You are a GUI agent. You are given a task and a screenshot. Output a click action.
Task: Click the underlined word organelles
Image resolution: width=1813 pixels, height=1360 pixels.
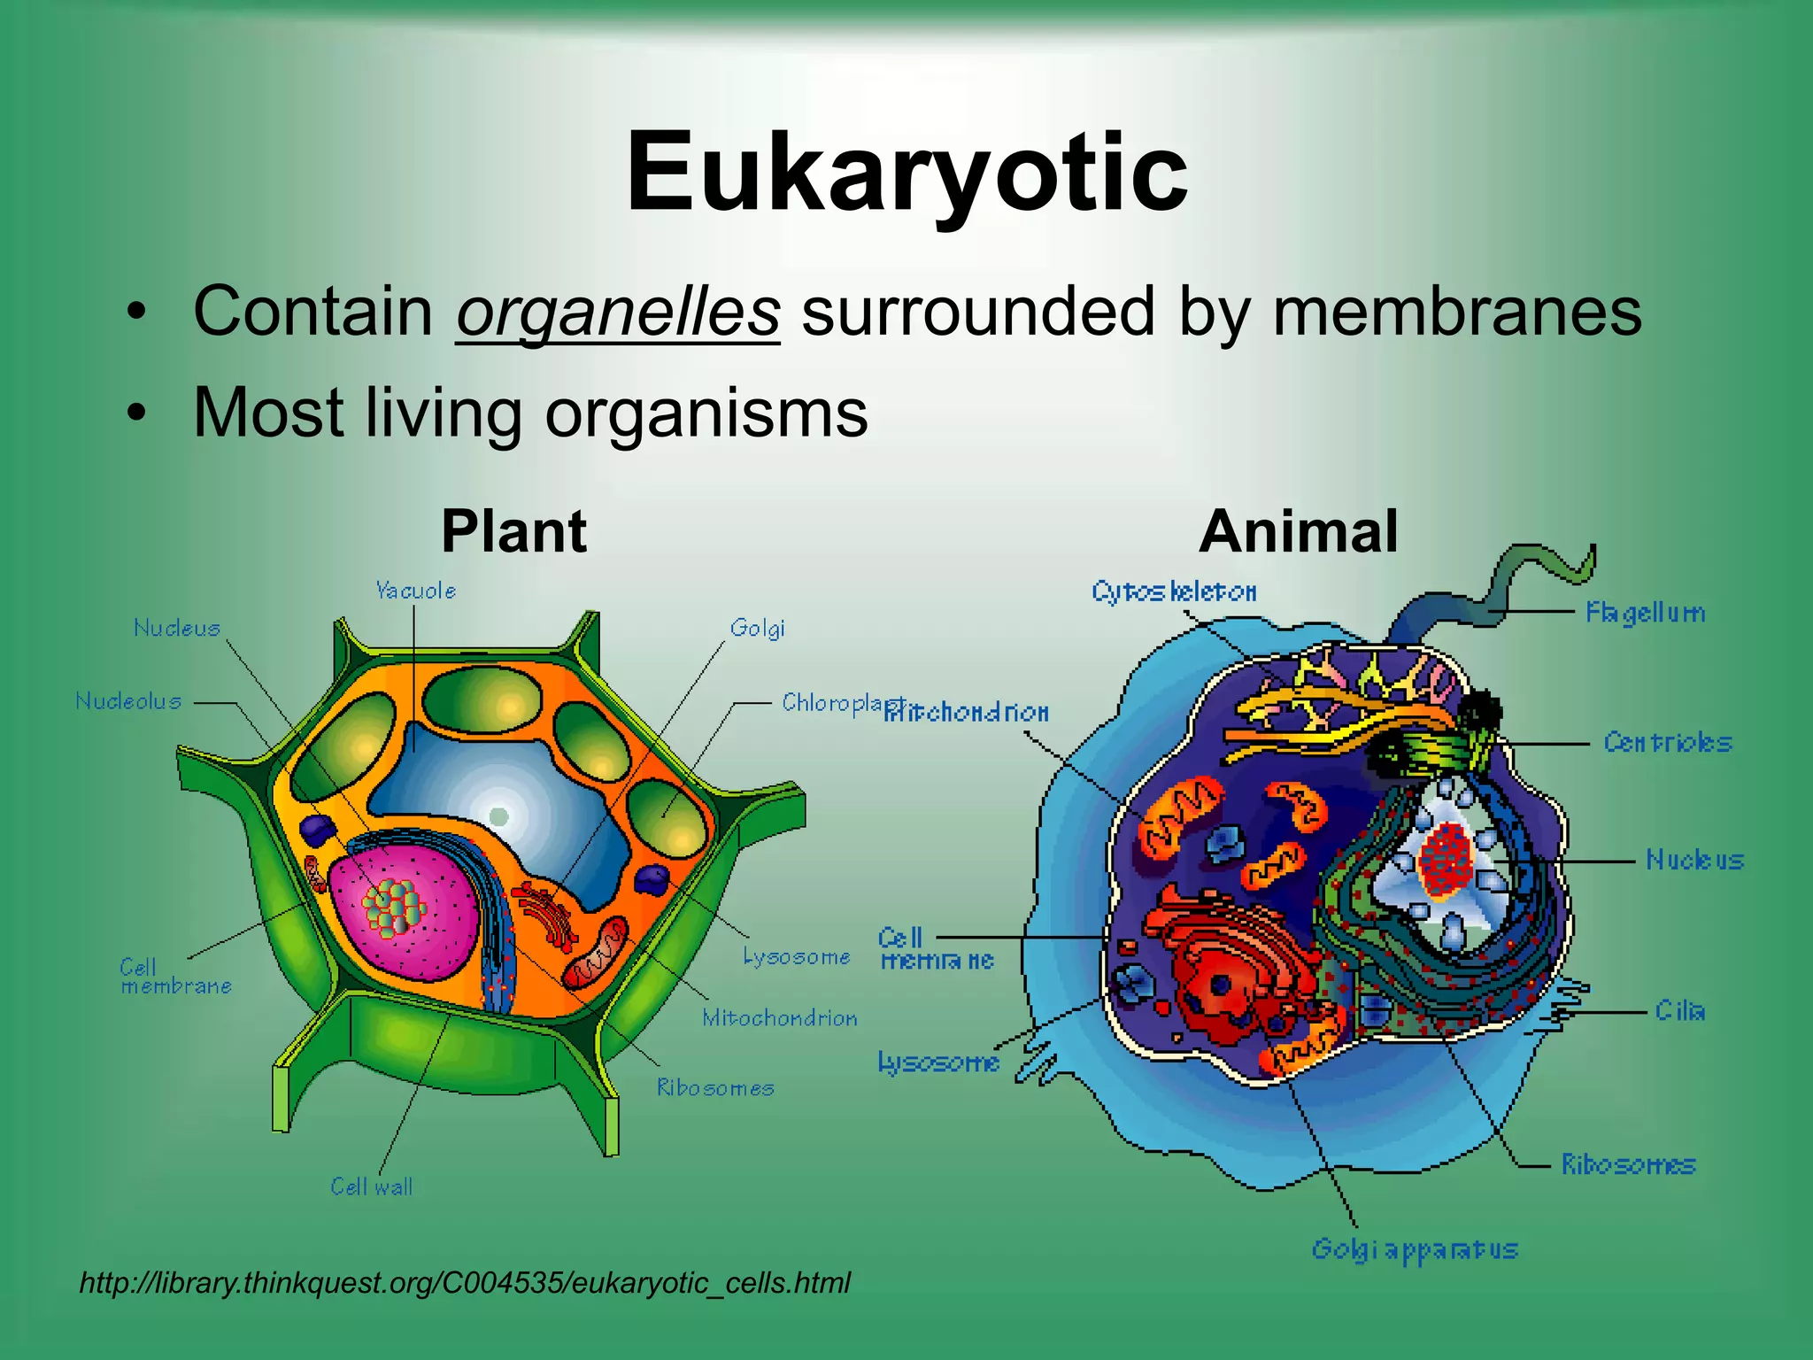tap(618, 312)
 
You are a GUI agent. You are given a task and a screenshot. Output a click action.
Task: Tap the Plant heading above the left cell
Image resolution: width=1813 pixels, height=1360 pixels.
tap(513, 531)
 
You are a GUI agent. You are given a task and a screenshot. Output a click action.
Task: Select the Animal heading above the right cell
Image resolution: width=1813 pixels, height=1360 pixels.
tap(1298, 531)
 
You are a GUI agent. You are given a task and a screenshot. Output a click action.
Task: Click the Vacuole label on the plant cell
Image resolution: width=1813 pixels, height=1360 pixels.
tap(415, 591)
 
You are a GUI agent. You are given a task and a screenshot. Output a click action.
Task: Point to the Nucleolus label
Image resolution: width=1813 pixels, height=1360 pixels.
tap(128, 701)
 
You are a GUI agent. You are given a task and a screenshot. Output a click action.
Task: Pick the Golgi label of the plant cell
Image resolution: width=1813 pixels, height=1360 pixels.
tap(757, 629)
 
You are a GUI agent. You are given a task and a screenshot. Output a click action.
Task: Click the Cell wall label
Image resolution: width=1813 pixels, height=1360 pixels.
tap(371, 1186)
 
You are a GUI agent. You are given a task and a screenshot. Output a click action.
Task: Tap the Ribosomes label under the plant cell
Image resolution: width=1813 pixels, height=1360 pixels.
tap(715, 1087)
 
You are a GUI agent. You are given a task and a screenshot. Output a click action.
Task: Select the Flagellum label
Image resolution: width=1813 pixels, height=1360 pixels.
tap(1645, 613)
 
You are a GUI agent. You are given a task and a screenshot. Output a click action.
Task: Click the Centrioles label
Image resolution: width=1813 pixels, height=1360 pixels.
tap(1667, 742)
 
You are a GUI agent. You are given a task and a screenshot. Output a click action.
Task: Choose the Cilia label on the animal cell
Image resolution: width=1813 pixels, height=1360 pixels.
tap(1679, 1010)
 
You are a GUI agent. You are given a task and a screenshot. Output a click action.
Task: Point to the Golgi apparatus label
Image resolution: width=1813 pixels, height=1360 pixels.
tap(1415, 1249)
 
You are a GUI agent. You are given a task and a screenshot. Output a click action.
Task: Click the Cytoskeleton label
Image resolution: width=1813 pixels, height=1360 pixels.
tap(1174, 591)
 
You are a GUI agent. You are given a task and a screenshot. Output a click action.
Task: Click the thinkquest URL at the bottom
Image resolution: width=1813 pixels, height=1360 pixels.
tap(465, 1282)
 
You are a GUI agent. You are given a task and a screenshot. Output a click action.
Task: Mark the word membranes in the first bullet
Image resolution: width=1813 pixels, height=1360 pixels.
tap(1456, 312)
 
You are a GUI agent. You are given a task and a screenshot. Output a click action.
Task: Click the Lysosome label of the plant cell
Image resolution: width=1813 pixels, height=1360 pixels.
tap(797, 956)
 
